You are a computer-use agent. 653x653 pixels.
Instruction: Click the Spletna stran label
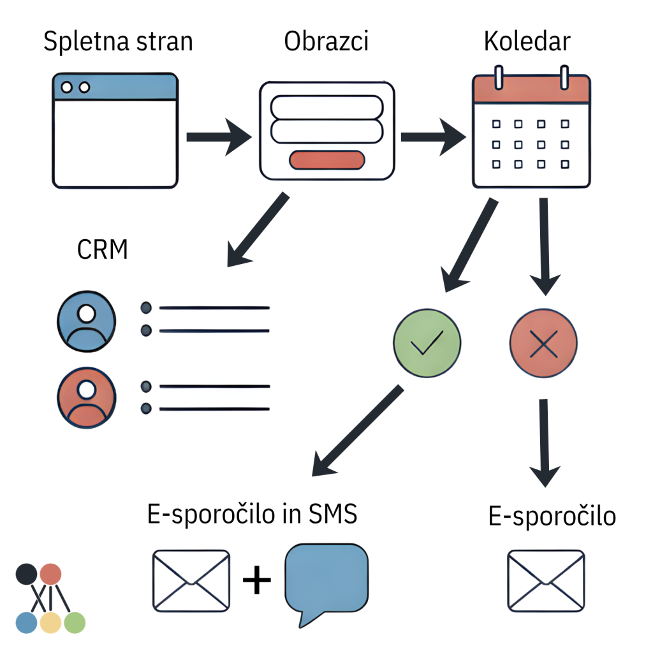click(x=118, y=42)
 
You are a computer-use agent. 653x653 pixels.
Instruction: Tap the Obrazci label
click(x=326, y=42)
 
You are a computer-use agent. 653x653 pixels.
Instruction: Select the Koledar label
click(x=527, y=42)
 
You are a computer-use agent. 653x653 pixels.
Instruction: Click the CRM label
click(x=103, y=250)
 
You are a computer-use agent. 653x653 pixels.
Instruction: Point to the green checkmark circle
click(x=427, y=344)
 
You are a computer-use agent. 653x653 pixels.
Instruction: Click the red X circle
click(x=544, y=344)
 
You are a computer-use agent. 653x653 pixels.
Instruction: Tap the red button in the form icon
click(x=326, y=160)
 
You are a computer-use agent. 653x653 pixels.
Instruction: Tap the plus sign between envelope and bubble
click(x=257, y=581)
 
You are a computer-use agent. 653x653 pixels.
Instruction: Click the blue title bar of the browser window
click(x=115, y=87)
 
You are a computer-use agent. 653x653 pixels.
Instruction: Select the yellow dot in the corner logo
click(x=50, y=622)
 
